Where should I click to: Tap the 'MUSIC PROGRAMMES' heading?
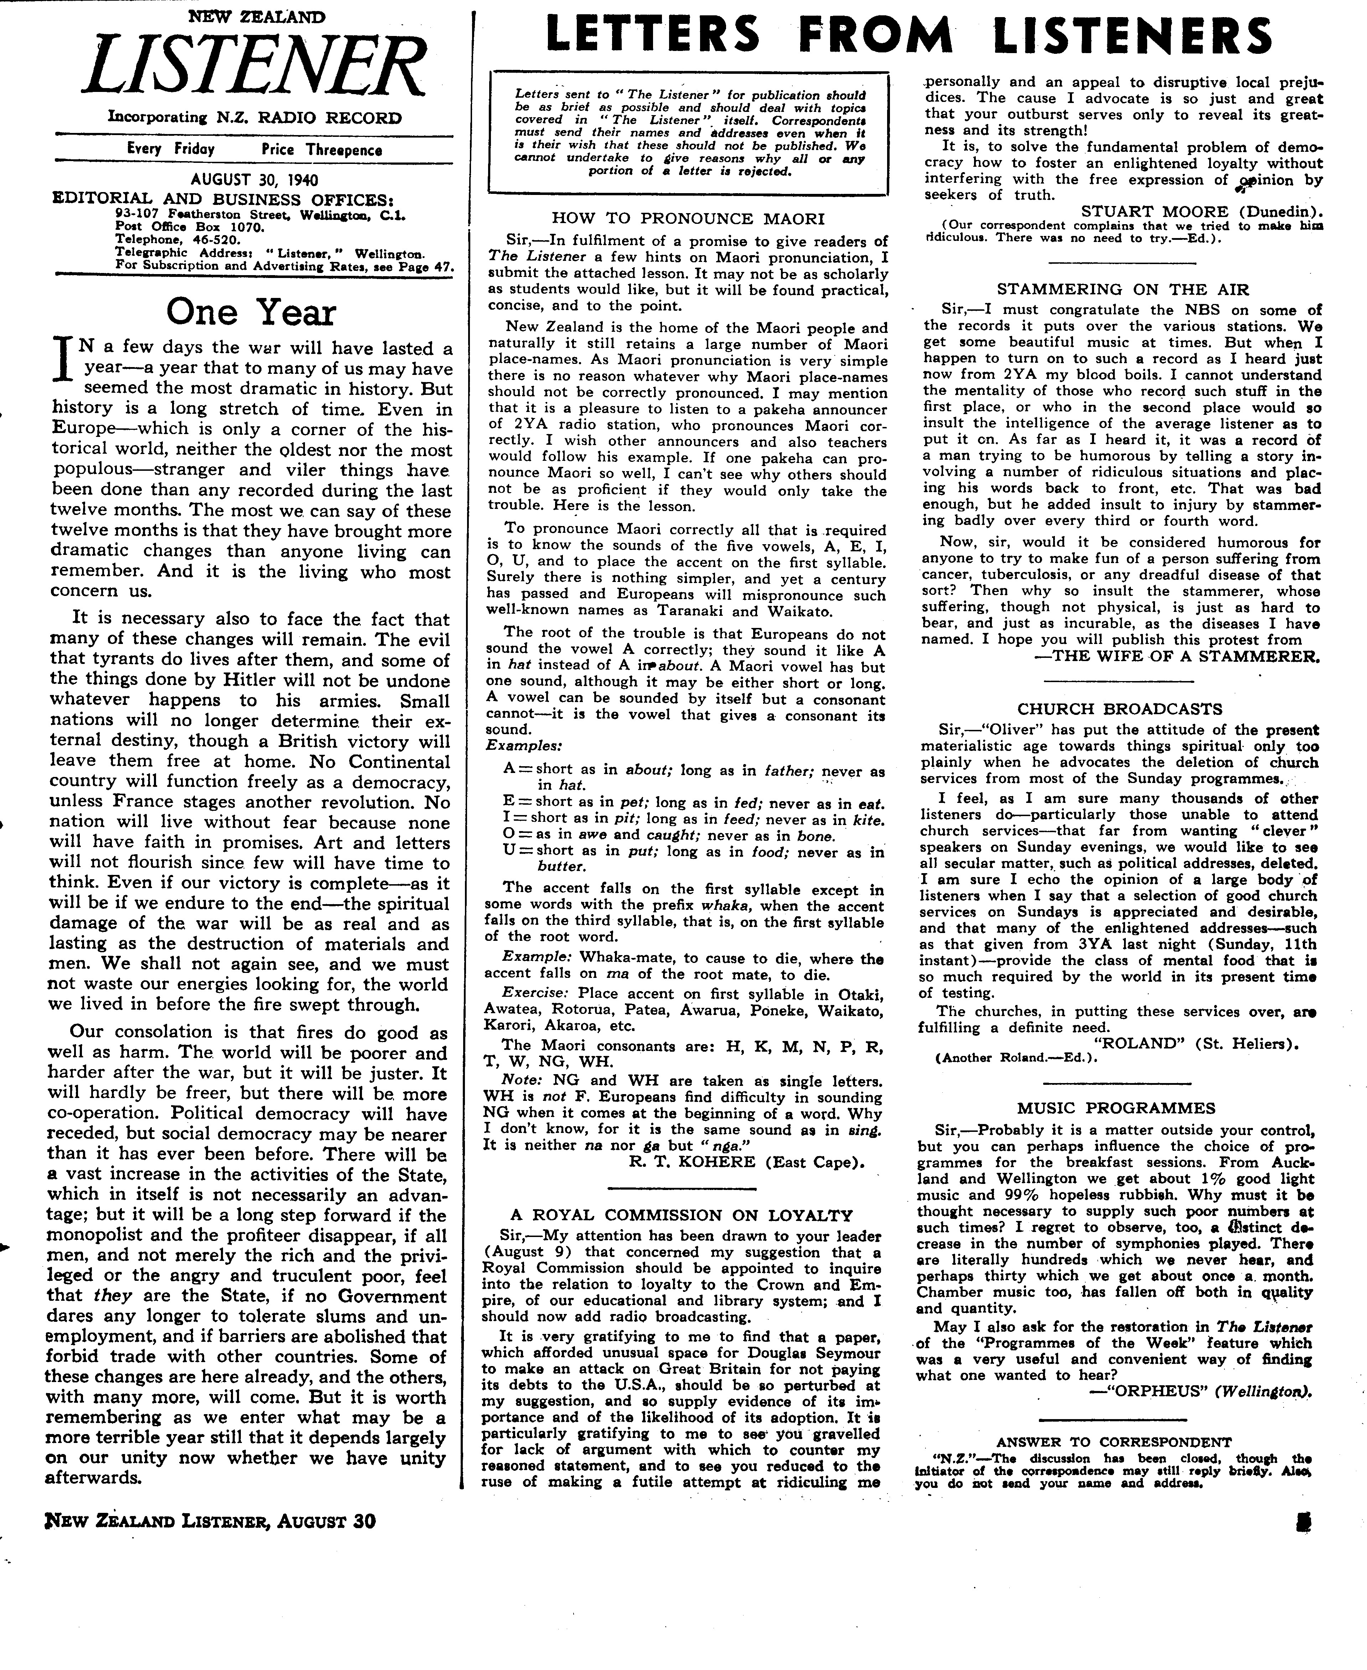1116,1108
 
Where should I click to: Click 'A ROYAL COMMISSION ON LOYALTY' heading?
681,1215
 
